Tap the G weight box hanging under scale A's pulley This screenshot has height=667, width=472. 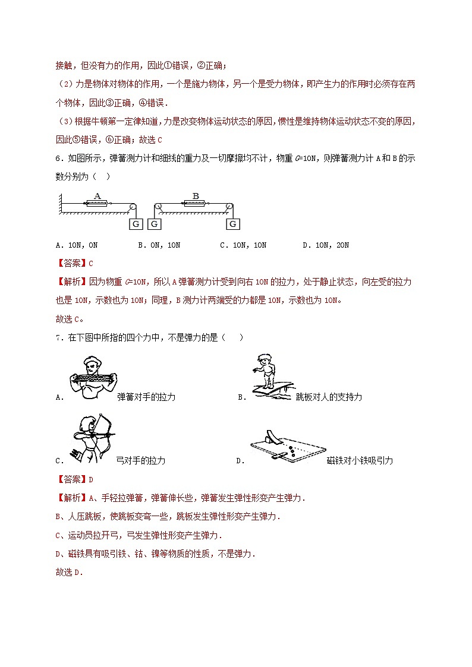tap(136, 224)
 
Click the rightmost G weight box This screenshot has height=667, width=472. tap(233, 224)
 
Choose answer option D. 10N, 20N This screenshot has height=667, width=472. tap(325, 245)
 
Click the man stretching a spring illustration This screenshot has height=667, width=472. tap(93, 378)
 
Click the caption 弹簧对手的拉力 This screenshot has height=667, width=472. tap(146, 397)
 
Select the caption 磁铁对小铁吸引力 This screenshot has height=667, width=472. tap(360, 460)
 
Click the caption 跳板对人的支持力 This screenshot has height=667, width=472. tap(329, 397)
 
